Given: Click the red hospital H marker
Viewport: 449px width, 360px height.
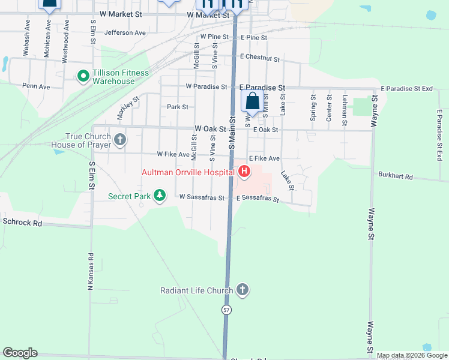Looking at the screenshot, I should (x=244, y=172).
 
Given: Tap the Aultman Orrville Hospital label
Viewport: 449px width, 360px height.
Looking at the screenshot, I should (x=187, y=172).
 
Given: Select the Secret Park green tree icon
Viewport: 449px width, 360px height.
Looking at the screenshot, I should (x=160, y=196).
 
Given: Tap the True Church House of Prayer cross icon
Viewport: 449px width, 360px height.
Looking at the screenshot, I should (x=120, y=140).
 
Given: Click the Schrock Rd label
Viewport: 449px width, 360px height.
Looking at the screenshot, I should (x=22, y=222).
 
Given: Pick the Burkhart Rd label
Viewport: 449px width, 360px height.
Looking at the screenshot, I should (x=396, y=176).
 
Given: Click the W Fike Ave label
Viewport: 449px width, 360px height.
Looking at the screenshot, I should (x=173, y=154).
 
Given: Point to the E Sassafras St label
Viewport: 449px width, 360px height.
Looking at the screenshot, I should (x=258, y=198).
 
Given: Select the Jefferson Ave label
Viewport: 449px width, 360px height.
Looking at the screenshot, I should (x=125, y=32).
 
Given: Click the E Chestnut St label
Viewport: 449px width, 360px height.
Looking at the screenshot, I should (x=259, y=58).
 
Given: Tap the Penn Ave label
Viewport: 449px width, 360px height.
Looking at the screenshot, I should (x=36, y=86).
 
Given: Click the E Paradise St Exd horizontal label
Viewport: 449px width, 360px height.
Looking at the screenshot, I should (x=406, y=88).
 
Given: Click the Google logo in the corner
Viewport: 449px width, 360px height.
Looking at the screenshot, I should (x=20, y=353).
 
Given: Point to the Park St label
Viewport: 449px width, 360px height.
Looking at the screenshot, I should (x=178, y=107).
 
